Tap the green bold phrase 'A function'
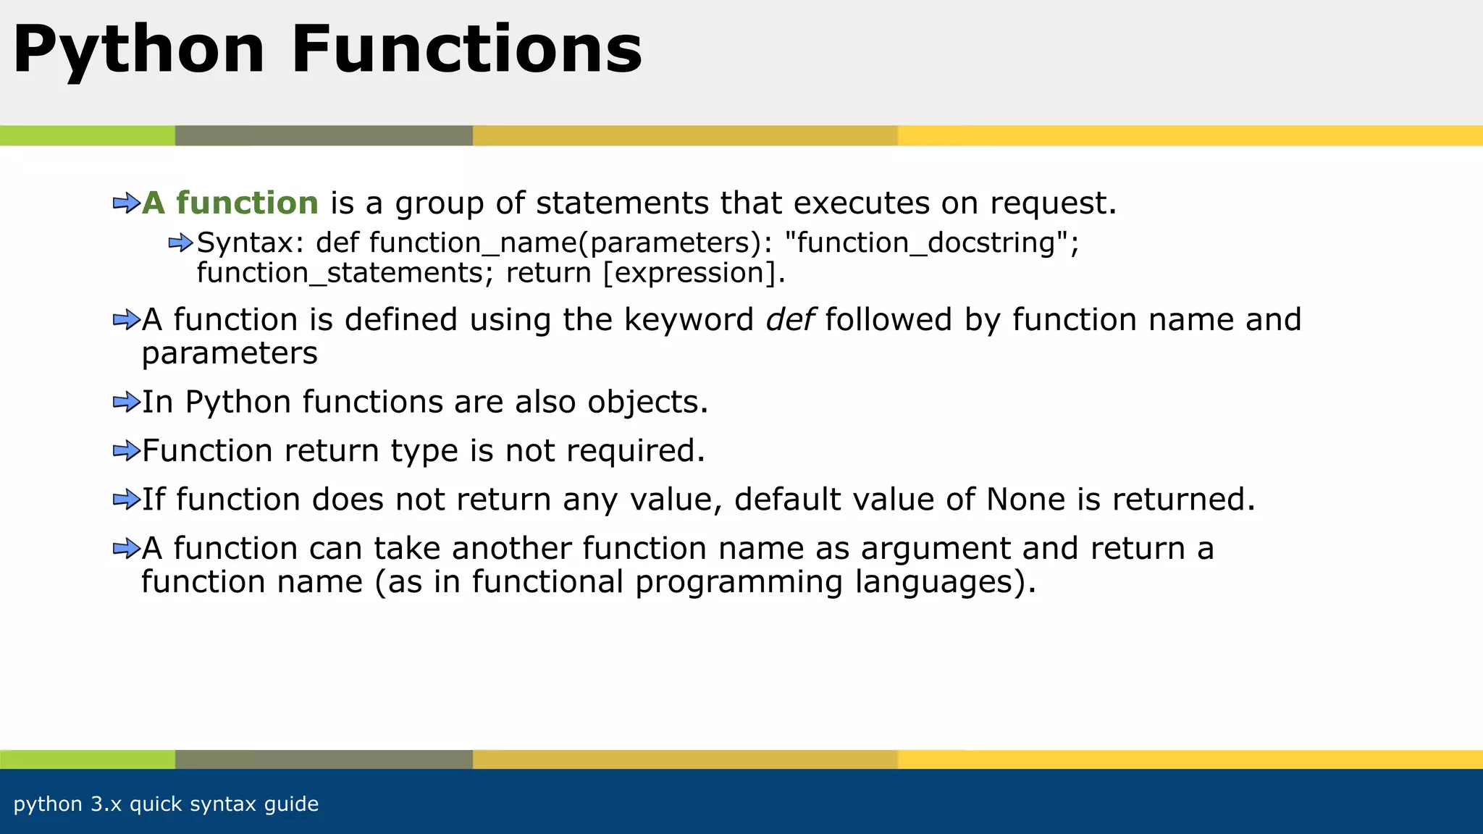coord(230,203)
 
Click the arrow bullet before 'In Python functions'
coord(126,402)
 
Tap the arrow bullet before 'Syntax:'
coord(180,243)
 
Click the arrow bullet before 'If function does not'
coord(126,500)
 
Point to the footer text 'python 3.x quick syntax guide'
coord(166,804)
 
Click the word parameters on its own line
coord(230,354)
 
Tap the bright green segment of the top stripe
coord(87,135)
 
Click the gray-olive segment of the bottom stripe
coord(324,759)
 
